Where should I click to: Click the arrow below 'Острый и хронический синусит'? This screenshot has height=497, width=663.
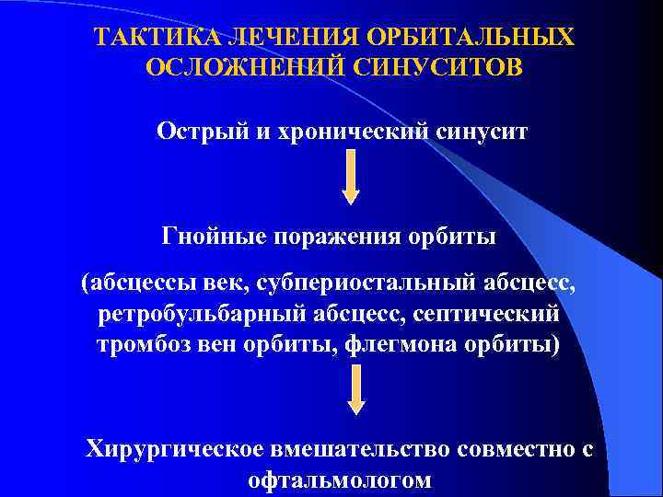point(351,179)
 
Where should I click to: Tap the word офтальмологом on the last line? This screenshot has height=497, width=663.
point(339,480)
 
